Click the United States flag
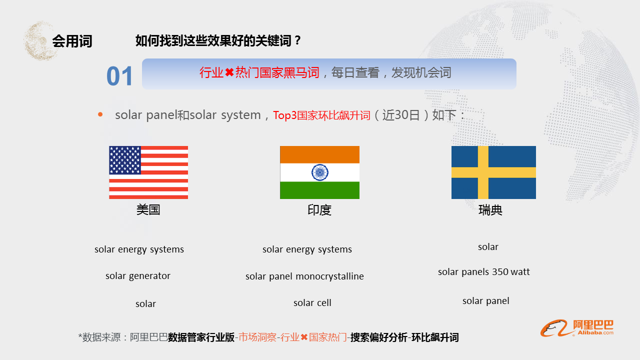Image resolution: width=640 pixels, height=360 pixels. [x=148, y=172]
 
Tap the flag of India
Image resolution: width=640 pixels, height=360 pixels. [x=319, y=172]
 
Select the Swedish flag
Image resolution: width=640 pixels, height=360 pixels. [x=493, y=172]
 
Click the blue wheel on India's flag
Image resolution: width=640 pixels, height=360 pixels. [x=319, y=172]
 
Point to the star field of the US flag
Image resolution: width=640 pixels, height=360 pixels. [x=125, y=160]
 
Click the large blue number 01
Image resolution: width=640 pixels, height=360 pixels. [x=119, y=76]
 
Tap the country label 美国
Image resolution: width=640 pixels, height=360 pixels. [x=148, y=210]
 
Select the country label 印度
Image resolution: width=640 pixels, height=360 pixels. [x=319, y=210]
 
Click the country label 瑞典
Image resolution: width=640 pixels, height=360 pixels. [x=490, y=210]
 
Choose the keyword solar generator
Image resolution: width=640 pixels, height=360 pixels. [x=138, y=276]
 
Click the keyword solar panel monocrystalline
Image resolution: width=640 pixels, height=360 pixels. [x=304, y=276]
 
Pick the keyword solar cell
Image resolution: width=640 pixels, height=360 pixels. [x=312, y=302]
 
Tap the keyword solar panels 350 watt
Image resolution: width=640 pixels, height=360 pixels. [x=483, y=272]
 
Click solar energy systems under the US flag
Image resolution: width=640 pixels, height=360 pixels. [x=139, y=249]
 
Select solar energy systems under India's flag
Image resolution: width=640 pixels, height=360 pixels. [x=307, y=249]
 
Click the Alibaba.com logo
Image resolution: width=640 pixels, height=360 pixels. [x=577, y=328]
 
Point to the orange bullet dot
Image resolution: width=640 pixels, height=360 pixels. [x=100, y=115]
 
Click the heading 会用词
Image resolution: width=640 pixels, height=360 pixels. [x=72, y=41]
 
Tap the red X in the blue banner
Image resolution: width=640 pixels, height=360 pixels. [x=229, y=72]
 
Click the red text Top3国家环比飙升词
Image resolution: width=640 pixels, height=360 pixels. [x=321, y=115]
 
